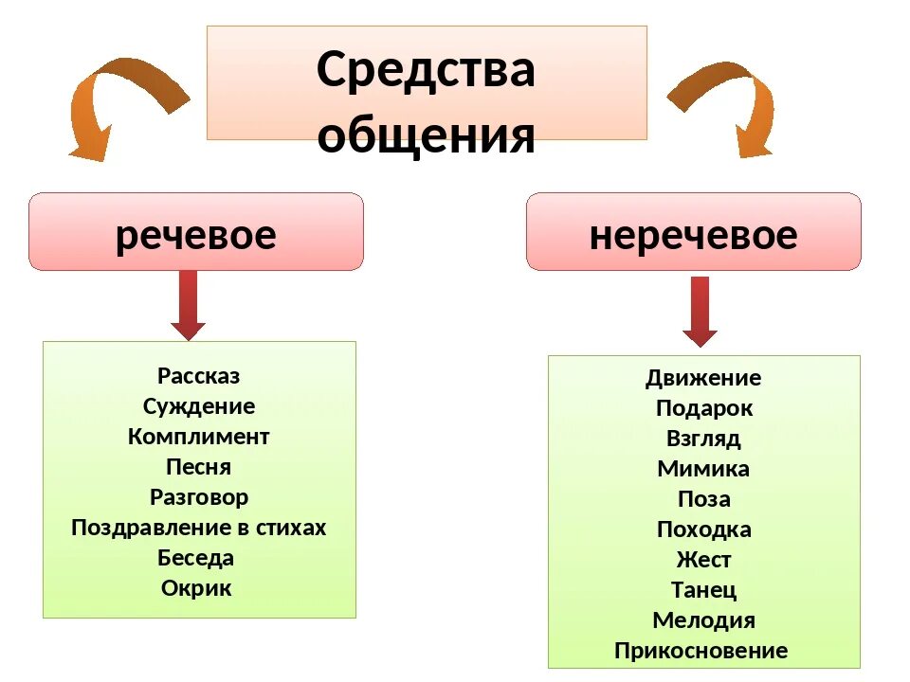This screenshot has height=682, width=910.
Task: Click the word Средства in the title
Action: pos(426,70)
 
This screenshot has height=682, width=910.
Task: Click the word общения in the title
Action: pos(426,135)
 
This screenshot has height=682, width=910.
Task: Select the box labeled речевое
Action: pos(196,233)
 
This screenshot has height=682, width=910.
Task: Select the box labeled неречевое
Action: pos(693,233)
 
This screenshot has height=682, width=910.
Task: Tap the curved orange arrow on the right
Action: pos(730,104)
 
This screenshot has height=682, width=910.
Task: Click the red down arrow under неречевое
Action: pos(700,311)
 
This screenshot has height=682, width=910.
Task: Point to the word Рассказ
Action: pos(199,376)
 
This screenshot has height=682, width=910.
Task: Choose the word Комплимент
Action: pos(199,437)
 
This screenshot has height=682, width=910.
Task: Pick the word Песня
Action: pos(199,467)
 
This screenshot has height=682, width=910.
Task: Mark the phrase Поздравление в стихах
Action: pos(199,528)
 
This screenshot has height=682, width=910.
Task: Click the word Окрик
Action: pos(197,588)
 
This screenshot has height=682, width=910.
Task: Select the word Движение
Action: pos(703,378)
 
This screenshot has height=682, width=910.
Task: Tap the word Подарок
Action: pos(703,408)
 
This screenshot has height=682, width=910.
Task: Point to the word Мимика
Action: pos(703,469)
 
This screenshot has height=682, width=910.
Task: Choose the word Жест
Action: pos(703,560)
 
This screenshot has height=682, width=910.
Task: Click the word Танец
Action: pos(703,590)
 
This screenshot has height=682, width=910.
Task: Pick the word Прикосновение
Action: pos(701,651)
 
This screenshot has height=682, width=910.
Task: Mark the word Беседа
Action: pos(196,558)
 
